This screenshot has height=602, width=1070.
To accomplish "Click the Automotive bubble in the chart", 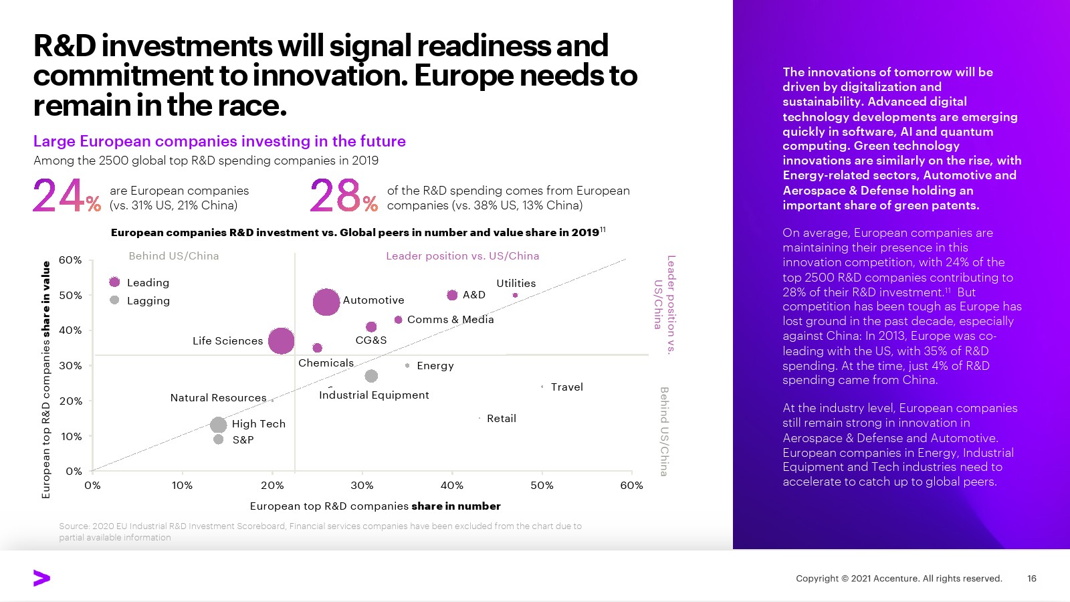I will (326, 302).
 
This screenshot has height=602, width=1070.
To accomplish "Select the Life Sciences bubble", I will (281, 340).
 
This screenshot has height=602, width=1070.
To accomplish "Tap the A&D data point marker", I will (452, 295).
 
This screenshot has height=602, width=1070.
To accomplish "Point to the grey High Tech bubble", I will (218, 425).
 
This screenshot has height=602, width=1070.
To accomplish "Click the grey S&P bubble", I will (218, 439).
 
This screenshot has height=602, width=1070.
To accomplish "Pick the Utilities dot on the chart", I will (515, 295).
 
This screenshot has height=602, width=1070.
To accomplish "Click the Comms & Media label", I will (450, 320).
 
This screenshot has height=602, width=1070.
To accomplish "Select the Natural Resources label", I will (218, 398).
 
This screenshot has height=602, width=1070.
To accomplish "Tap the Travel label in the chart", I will (566, 387).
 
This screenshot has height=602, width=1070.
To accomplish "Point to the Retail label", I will (501, 419).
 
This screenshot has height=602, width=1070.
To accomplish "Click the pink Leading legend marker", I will (114, 282).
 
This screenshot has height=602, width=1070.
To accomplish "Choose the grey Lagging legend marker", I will (114, 300).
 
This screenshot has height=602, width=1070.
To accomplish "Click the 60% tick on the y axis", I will (70, 260).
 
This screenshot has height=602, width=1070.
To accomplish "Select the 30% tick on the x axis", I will (362, 486).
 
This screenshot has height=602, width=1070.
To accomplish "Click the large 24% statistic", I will (67, 195).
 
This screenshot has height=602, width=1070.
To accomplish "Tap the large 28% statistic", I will (344, 195).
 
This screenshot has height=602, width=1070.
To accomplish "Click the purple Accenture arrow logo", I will (41, 578).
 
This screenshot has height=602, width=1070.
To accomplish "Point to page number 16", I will (1031, 579).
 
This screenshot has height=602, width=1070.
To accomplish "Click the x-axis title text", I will (374, 506).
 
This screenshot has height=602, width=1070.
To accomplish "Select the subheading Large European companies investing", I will (219, 141).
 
